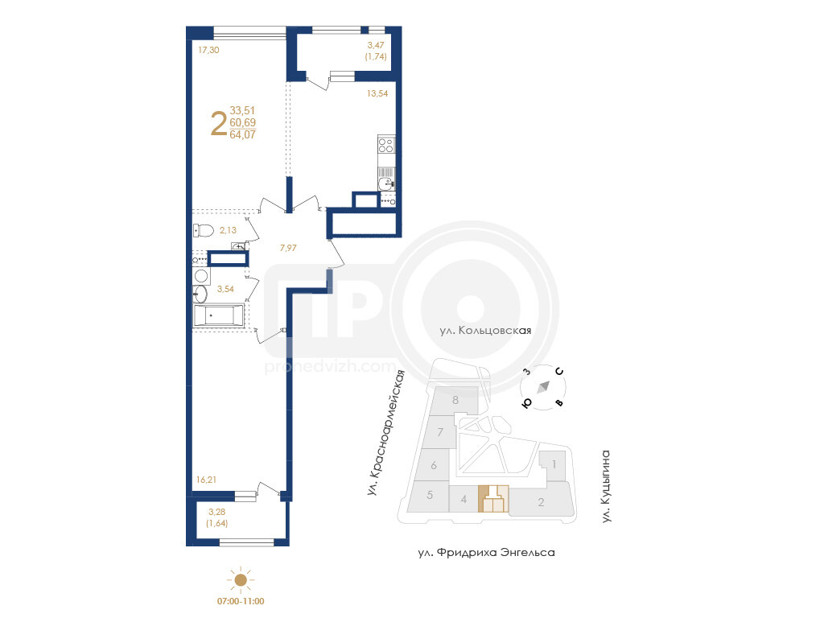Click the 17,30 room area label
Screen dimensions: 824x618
click(208, 50)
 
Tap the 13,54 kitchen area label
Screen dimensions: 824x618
click(377, 93)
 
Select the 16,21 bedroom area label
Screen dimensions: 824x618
click(206, 480)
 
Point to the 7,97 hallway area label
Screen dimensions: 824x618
click(288, 248)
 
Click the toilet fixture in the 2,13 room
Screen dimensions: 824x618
click(203, 230)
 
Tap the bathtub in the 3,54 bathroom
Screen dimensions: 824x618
click(218, 315)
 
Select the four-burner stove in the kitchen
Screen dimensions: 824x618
click(386, 145)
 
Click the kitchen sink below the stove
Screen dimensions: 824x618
click(386, 183)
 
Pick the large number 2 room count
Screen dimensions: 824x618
click(219, 123)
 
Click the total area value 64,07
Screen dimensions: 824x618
click(243, 134)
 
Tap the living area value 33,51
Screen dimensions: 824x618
click(242, 110)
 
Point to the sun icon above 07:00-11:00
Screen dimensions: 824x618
click(241, 579)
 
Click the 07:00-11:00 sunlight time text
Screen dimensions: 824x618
click(241, 601)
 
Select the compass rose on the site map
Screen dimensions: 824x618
click(543, 387)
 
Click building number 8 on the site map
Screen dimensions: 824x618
click(455, 400)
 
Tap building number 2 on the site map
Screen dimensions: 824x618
click(541, 502)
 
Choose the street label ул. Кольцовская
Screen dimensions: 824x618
click(485, 331)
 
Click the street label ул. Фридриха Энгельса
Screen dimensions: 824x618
click(487, 553)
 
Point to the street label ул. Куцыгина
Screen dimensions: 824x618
click(606, 486)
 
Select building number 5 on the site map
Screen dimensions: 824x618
click(430, 495)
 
